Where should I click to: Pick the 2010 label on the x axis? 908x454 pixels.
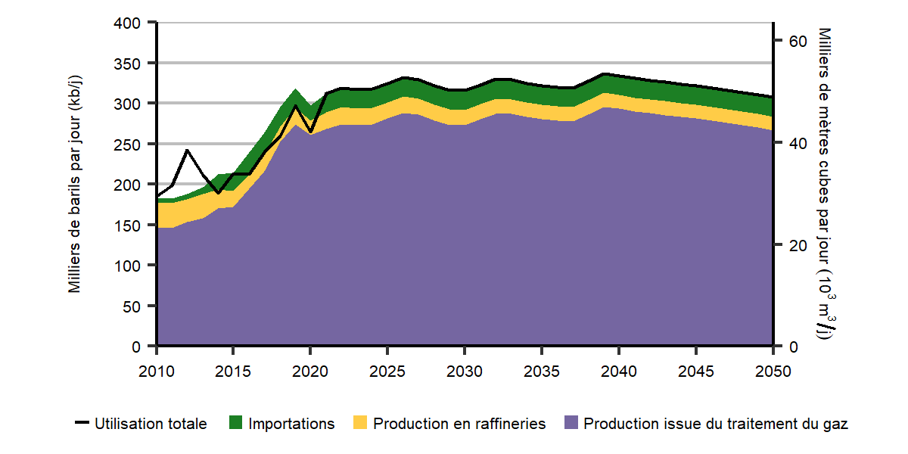click(157, 372)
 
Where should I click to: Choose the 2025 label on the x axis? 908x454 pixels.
click(387, 372)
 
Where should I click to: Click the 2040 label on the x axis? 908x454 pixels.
click(618, 372)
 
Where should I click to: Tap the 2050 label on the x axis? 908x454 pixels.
click(773, 372)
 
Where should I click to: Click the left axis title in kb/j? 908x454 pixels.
click(76, 185)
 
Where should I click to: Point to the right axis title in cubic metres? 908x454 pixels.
click(825, 185)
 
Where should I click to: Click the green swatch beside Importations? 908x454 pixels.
click(236, 424)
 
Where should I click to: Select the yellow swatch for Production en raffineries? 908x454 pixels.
click(361, 424)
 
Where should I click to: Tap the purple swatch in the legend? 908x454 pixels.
click(572, 424)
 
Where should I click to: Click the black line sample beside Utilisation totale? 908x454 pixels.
click(82, 424)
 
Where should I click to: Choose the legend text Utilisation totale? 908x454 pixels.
click(151, 424)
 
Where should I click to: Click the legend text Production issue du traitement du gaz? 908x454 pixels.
click(716, 424)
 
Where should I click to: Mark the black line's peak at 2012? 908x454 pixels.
click(188, 151)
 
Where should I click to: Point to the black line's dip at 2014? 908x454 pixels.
click(219, 193)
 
